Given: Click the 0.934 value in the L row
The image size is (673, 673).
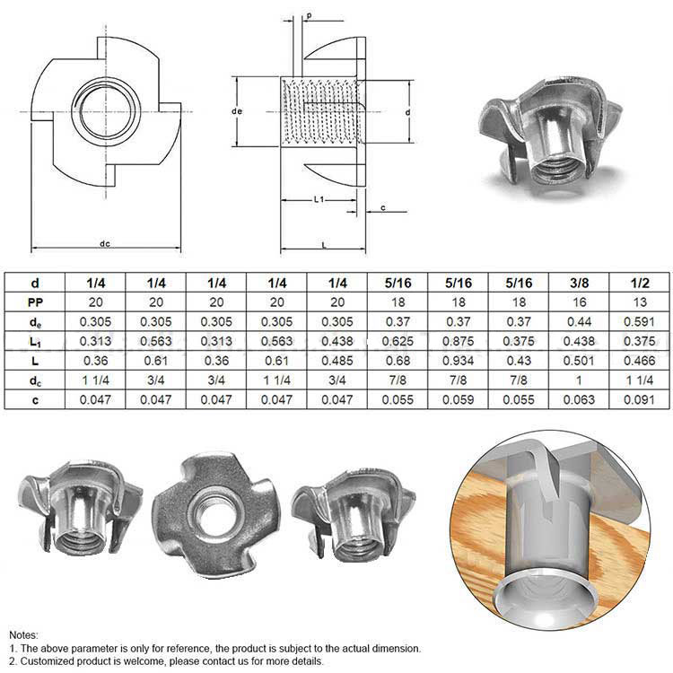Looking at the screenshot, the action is pos(458,361).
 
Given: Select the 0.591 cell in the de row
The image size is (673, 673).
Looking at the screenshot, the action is pos(639,321).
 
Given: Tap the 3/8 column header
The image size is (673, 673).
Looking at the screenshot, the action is pos(579,283).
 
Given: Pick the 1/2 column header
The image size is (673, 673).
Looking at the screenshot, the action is pos(640,283).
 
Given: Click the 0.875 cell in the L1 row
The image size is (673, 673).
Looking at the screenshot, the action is pos(458,341).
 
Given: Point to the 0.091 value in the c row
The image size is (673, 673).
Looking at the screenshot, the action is pos(639,399).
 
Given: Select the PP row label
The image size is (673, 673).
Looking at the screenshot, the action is pos(35,302).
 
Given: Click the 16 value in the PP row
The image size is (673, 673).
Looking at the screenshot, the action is pos(579,302).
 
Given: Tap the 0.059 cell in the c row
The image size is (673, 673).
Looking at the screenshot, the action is pos(458,399).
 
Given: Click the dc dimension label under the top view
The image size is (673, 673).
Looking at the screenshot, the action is pos(105,244).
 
